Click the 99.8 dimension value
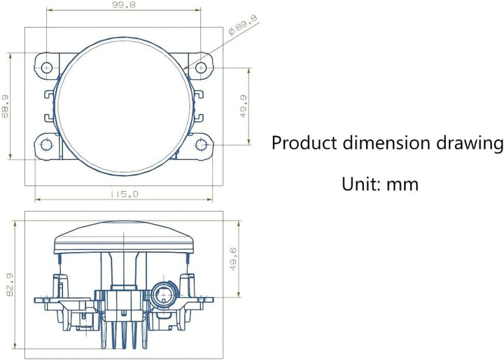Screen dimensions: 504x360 (124, 5)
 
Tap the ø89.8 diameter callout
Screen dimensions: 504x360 (243, 25)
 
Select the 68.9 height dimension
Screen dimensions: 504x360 (6, 106)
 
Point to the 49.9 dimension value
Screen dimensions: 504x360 (244, 106)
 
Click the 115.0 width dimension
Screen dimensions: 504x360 (125, 194)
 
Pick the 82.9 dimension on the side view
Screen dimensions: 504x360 (9, 285)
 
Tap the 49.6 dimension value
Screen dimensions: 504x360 (233, 258)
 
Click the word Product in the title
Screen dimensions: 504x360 (304, 143)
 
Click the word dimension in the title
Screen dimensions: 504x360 (386, 143)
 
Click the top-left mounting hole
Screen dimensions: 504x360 (47, 67)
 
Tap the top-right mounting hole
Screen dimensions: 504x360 (201, 67)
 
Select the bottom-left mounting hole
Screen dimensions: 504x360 (47, 145)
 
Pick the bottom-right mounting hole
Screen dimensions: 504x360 (201, 145)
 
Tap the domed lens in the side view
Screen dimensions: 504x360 (124, 237)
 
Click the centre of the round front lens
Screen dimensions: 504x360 (124, 106)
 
